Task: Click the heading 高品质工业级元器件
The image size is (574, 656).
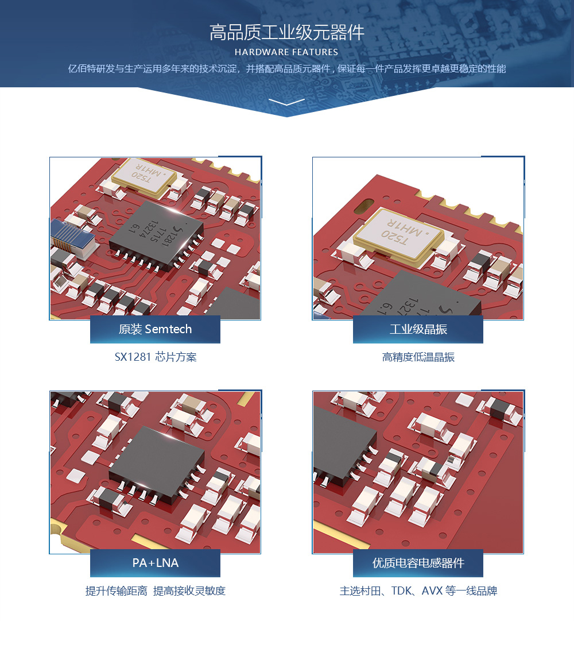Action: [287, 33]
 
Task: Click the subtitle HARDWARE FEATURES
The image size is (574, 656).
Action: [286, 52]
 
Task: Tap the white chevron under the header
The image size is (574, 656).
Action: [287, 102]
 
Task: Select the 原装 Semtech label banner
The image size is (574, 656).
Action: [155, 329]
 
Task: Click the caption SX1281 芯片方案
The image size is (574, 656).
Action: [156, 357]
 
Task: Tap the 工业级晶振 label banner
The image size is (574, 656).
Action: [418, 329]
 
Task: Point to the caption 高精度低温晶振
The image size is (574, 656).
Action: [418, 357]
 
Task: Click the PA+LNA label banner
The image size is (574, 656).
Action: [155, 563]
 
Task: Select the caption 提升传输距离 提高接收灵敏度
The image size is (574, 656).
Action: [156, 591]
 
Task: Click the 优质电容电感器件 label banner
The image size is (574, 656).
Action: [418, 563]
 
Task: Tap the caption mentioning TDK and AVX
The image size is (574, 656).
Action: [418, 591]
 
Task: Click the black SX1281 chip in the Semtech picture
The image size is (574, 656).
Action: [156, 235]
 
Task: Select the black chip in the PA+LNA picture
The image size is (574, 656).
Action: [156, 464]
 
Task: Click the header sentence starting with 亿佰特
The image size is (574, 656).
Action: [287, 68]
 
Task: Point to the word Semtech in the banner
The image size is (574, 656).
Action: [168, 329]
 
